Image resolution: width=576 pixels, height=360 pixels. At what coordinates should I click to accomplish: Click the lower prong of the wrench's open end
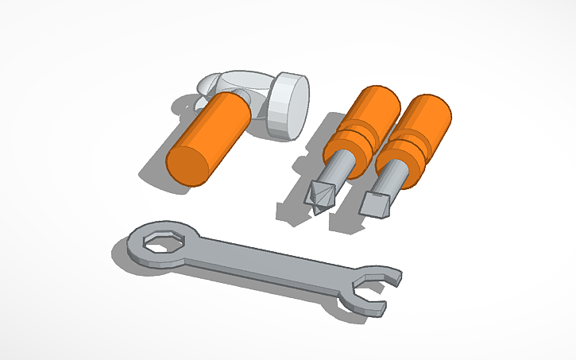[362, 305]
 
